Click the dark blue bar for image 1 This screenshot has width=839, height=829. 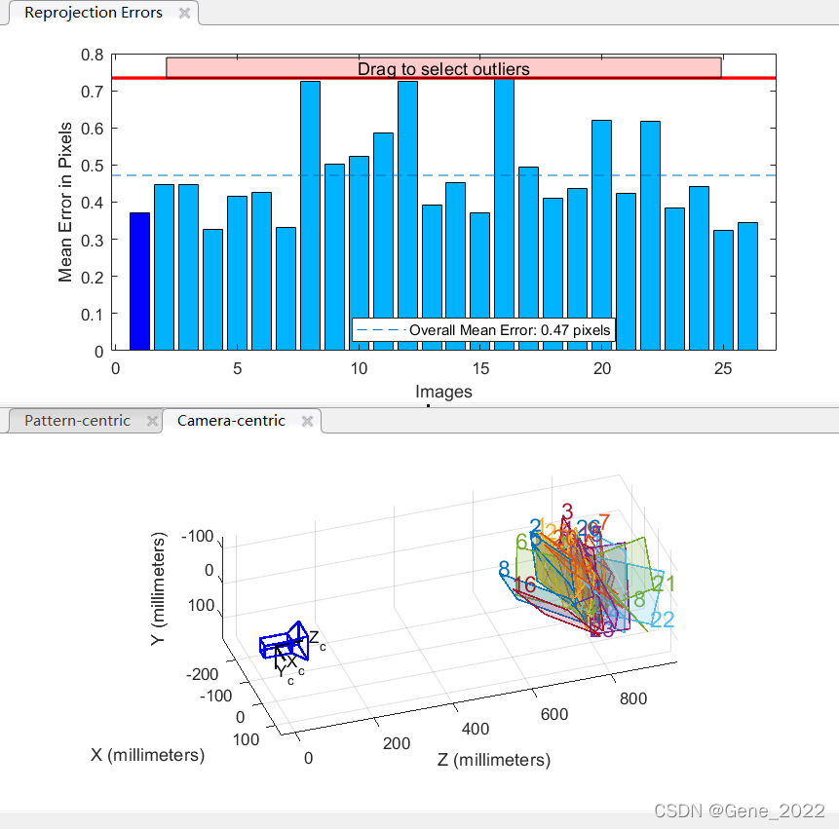pyautogui.click(x=139, y=282)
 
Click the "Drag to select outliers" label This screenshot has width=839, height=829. pyautogui.click(x=443, y=69)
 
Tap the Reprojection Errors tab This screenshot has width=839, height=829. pyautogui.click(x=94, y=13)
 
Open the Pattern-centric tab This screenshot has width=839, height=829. pyautogui.click(x=77, y=421)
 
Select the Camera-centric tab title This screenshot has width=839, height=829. pyautogui.click(x=231, y=421)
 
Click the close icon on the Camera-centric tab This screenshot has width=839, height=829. pyautogui.click(x=307, y=421)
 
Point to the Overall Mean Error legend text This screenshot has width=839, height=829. pyautogui.click(x=510, y=330)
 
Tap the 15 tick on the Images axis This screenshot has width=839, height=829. pyautogui.click(x=479, y=369)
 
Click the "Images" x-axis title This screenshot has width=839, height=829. pyautogui.click(x=443, y=392)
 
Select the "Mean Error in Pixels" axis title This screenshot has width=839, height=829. pyautogui.click(x=66, y=202)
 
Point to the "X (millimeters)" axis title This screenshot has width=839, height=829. pyautogui.click(x=147, y=755)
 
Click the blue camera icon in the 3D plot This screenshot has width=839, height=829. pyautogui.click(x=286, y=643)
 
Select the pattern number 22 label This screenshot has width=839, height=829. pyautogui.click(x=662, y=620)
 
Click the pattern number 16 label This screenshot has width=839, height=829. pyautogui.click(x=524, y=585)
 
